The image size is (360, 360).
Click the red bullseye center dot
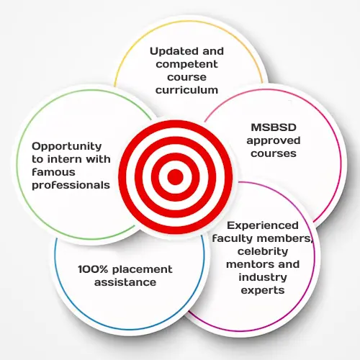coord(176,177)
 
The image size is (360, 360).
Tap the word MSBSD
coord(274,127)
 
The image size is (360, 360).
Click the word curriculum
coord(186,90)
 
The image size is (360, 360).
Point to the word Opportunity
coord(67,146)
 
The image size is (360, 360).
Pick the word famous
coord(53,172)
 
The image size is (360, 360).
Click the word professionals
coord(71,185)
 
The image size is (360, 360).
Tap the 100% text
coord(93,269)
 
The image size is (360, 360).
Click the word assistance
coord(125,282)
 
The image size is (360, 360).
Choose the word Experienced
coord(263,225)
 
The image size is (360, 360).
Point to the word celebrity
coord(263,251)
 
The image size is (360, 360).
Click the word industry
coord(263,277)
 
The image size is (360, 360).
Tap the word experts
coord(263,291)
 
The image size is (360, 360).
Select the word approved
coord(274,141)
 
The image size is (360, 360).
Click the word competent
coord(186,64)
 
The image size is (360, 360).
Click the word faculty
coord(233,238)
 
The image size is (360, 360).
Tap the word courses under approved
coord(274,153)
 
